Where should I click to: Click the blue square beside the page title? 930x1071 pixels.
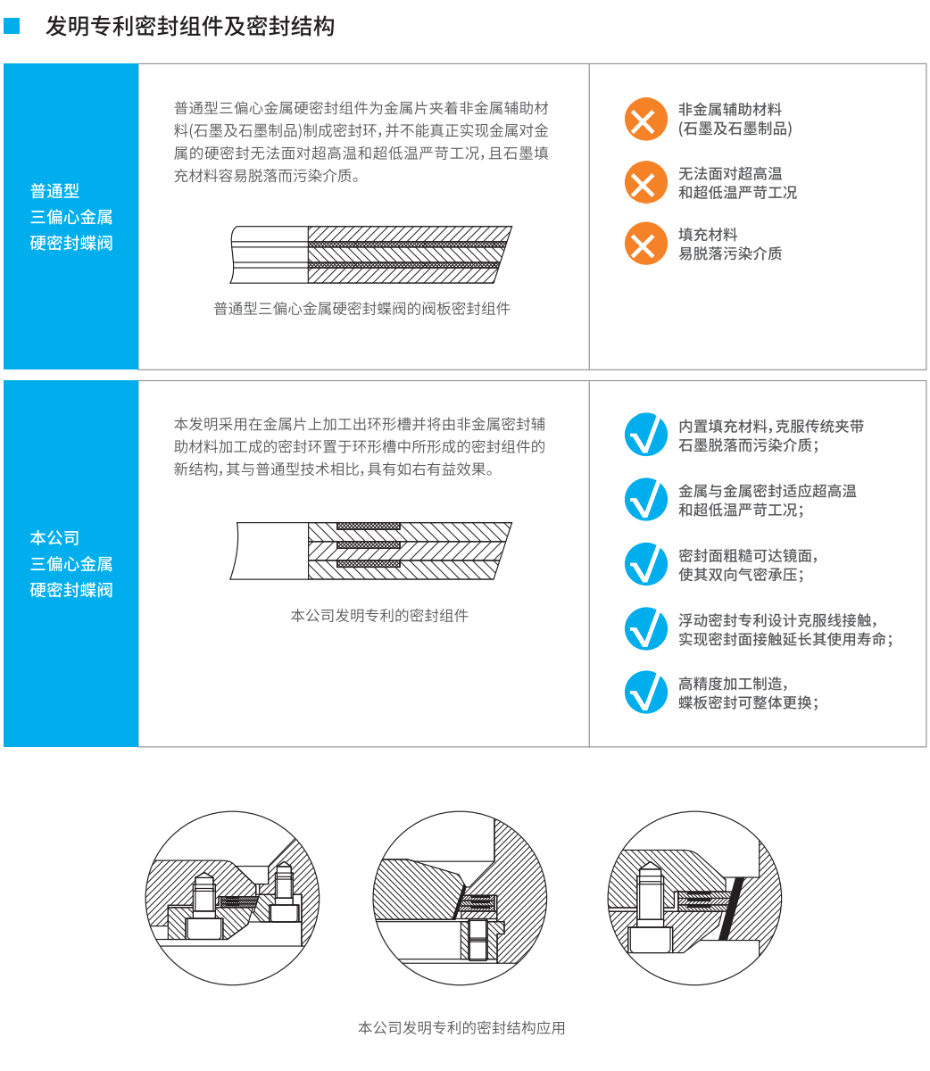(x=12, y=26)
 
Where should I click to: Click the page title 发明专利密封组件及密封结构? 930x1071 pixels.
(x=189, y=26)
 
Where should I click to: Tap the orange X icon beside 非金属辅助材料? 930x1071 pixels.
(x=645, y=119)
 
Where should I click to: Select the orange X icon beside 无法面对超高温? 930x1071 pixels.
(x=645, y=182)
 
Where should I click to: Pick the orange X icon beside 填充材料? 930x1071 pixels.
(x=645, y=244)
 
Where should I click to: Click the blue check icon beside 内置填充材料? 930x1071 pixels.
(x=645, y=434)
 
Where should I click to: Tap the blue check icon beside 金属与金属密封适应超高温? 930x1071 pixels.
(x=645, y=499)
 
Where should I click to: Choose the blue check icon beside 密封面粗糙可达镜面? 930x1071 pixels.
(x=645, y=563)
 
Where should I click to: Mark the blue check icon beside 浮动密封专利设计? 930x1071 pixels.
(x=645, y=628)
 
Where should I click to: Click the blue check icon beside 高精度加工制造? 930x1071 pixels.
(x=645, y=692)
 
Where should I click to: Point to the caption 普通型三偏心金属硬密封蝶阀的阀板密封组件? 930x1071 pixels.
(x=361, y=308)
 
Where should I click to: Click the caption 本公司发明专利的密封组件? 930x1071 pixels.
(x=379, y=615)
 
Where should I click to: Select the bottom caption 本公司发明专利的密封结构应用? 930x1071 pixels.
(x=461, y=1027)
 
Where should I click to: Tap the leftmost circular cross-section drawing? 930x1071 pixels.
(x=232, y=898)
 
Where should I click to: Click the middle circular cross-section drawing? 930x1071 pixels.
(x=460, y=898)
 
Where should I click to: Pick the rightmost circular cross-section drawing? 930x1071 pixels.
(x=694, y=898)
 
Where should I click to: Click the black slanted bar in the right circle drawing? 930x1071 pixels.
(x=731, y=908)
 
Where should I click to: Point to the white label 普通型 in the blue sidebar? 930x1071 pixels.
(x=54, y=190)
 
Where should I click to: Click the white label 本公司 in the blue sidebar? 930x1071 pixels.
(x=54, y=537)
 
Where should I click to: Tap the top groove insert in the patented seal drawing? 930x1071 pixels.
(x=368, y=526)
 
